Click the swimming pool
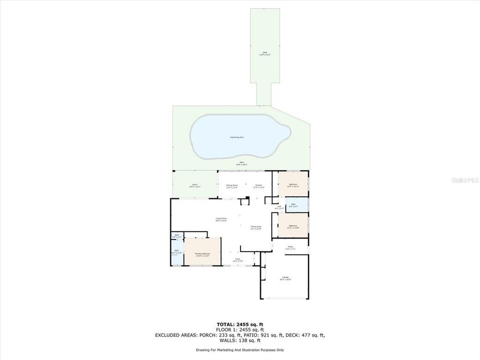[240, 136]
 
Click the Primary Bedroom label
[202, 254]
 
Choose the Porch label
[194, 185]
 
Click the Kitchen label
[259, 185]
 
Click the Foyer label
[238, 259]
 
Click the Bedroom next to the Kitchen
[293, 185]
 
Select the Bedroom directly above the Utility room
[293, 226]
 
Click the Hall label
[279, 207]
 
